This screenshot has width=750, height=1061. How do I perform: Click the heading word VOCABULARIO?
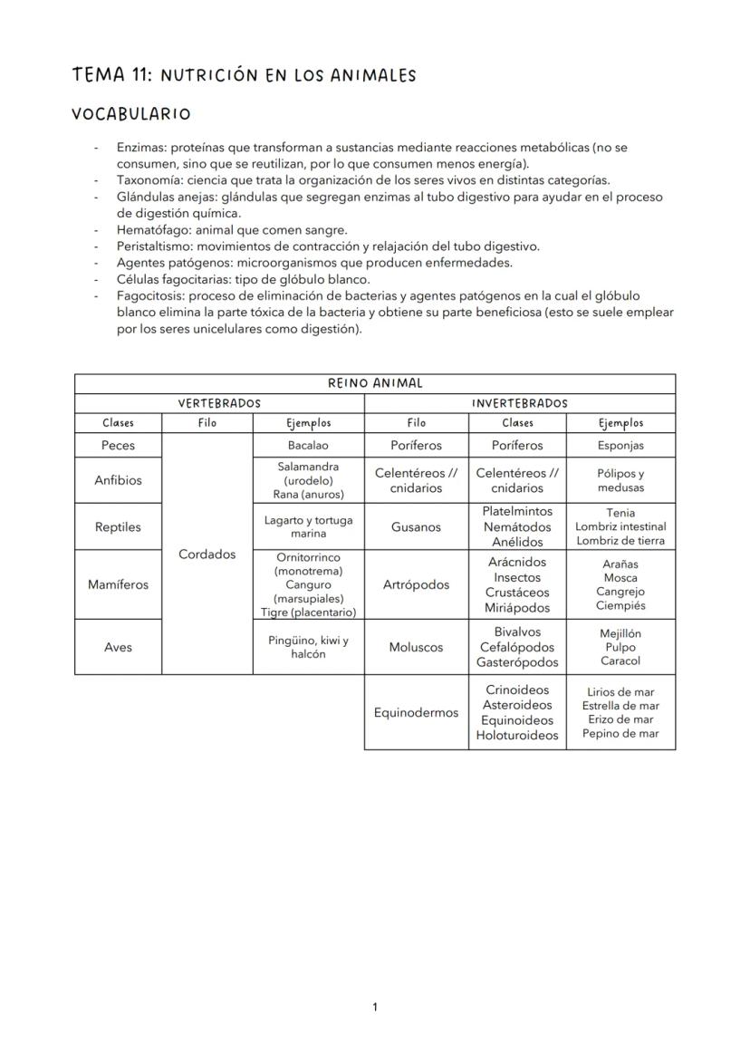[x=131, y=114]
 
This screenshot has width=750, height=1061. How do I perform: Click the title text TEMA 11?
[x=111, y=75]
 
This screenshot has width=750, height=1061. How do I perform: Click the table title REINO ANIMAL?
[x=375, y=383]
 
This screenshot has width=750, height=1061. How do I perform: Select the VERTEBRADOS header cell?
[x=219, y=403]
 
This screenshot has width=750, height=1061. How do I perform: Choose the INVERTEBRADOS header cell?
[x=520, y=403]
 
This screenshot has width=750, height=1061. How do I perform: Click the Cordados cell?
[x=207, y=555]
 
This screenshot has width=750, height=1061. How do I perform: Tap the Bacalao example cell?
[x=308, y=446]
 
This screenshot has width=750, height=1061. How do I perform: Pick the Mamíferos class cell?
[x=119, y=584]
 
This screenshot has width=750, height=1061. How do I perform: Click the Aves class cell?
[x=119, y=647]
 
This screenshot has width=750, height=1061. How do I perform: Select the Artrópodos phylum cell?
[x=416, y=584]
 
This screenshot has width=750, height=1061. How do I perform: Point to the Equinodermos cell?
[x=416, y=713]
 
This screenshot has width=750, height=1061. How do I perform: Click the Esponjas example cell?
[x=620, y=446]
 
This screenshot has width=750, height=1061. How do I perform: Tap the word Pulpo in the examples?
[x=620, y=647]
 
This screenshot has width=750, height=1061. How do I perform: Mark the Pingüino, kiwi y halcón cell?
[x=308, y=647]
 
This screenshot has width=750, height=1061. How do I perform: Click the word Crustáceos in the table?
[x=517, y=593]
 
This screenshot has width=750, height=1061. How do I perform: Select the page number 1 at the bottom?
[x=375, y=1008]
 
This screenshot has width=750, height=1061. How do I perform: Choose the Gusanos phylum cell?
[x=416, y=526]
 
